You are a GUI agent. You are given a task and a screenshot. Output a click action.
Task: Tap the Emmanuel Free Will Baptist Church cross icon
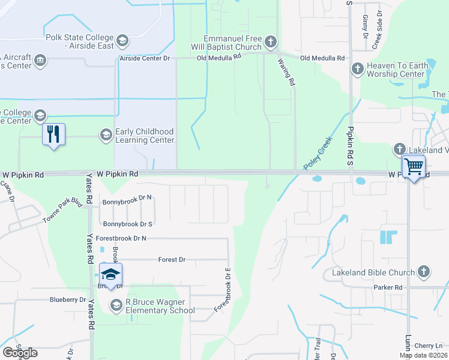pos(270,42)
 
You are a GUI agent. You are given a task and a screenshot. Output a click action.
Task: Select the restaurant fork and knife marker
pos(53,134)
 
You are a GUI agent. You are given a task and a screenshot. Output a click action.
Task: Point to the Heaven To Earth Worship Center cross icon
pos(357,68)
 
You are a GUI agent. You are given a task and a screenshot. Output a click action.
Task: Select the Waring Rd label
pos(286,71)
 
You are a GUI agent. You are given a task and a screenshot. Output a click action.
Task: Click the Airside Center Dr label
pos(146,58)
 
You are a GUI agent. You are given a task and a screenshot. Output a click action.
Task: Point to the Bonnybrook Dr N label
pos(127,203)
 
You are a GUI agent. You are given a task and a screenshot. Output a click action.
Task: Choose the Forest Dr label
pos(172,260)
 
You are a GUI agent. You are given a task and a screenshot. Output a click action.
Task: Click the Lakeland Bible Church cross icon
pos(424,272)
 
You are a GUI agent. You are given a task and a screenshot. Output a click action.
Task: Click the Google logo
pos(20,353)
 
